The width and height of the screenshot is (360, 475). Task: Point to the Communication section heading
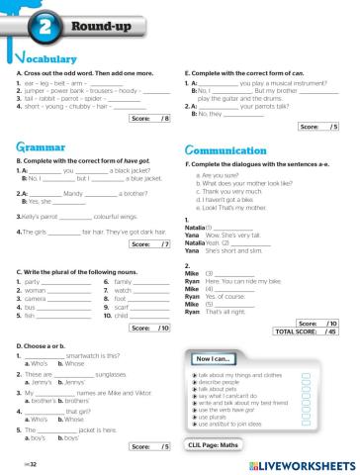pos(226,149)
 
